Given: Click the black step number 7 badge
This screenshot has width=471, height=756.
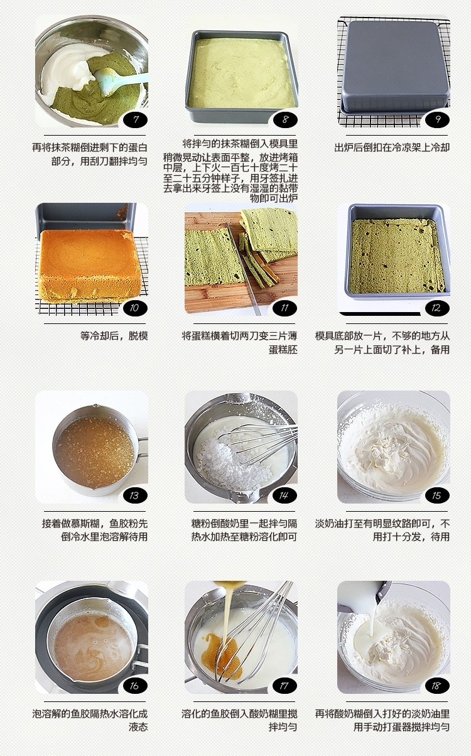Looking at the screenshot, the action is pos(135,119).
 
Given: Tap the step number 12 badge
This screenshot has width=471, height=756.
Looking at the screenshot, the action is pos(436,308).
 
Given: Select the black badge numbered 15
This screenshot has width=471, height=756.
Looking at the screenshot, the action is pos(436,495).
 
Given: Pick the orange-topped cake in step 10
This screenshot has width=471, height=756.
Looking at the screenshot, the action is pos(89,265).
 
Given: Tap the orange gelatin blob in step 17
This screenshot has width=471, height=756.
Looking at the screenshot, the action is pos(221,652).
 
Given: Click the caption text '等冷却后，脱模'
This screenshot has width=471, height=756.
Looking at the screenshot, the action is pos(114,336).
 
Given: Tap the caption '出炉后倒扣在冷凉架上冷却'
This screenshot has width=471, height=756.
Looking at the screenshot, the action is pos(392,148).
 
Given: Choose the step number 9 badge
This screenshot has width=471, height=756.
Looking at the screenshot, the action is pos(436,119).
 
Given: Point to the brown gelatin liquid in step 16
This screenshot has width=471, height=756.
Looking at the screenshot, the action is pos(92,643).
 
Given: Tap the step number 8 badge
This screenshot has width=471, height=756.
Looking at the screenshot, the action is pos(285,119).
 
